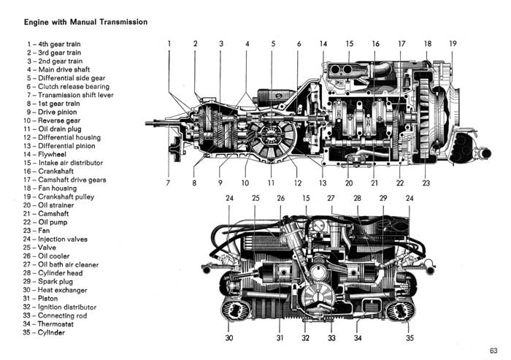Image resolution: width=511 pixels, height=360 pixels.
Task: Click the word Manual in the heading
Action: [83, 22]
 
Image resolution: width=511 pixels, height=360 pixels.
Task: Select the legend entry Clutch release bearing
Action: [68, 86]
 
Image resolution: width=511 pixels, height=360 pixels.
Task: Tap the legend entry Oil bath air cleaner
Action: [61, 264]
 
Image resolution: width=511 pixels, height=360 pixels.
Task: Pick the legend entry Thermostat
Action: [48, 323]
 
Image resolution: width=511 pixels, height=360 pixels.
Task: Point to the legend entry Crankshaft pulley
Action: [58, 196]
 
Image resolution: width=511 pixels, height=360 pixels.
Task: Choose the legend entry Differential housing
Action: [62, 137]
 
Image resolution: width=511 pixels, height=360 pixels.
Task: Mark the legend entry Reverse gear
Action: [52, 120]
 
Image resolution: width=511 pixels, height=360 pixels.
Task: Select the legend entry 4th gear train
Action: [54, 44]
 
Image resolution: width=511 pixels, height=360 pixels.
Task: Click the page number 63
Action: [493, 351]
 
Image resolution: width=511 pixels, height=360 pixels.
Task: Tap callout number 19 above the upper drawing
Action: [453, 43]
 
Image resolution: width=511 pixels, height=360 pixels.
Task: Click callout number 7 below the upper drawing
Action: [168, 183]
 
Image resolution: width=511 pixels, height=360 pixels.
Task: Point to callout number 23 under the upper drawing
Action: [426, 183]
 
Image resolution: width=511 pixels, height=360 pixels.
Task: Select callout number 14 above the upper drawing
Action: [323, 43]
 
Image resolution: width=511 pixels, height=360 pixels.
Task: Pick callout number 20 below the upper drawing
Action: [349, 183]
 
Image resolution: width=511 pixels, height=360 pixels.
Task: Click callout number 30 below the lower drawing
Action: [229, 338]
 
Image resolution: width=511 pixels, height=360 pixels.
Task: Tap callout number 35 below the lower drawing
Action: [410, 338]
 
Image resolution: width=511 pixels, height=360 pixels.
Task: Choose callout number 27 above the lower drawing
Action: [331, 198]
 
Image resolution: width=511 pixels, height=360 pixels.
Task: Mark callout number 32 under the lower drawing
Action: [305, 338]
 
